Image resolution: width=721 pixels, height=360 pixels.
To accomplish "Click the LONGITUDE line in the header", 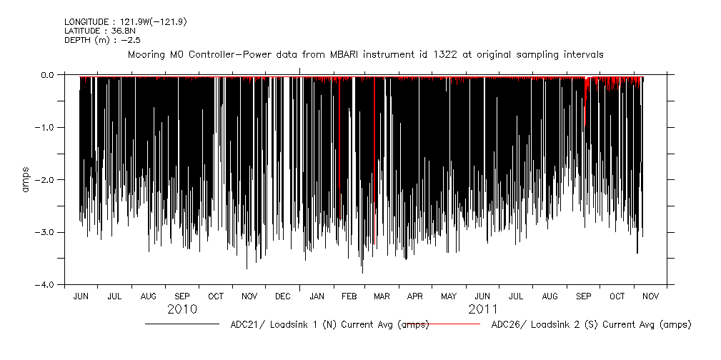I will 115,22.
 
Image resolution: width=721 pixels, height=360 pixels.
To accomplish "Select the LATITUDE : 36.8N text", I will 96,31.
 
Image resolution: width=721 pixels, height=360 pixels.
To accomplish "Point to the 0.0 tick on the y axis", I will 47,74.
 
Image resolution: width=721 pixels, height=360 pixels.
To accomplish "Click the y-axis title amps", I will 26,179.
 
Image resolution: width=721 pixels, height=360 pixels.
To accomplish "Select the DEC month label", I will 282,296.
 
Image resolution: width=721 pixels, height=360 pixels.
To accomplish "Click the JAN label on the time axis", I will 317,296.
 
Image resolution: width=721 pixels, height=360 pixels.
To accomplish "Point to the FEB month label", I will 349,296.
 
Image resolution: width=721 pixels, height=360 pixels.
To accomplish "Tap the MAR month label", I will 382,296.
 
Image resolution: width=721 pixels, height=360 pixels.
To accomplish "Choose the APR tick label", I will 415,296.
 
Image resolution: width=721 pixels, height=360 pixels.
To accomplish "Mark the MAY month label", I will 449,296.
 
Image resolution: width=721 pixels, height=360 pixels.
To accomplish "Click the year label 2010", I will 182,309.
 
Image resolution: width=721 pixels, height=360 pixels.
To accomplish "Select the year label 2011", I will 483,309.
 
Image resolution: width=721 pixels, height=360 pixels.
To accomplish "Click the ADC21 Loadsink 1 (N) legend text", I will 329,324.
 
